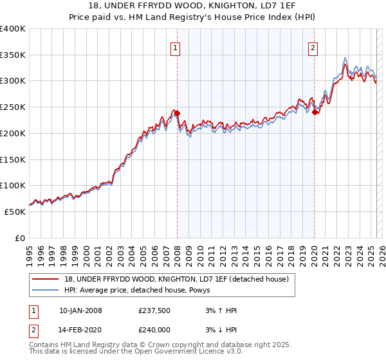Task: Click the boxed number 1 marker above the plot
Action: pyautogui.click(x=175, y=46)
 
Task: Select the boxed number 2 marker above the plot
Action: pyautogui.click(x=313, y=46)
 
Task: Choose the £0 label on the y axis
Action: pyautogui.click(x=21, y=238)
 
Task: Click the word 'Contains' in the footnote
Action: pyautogui.click(x=43, y=346)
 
